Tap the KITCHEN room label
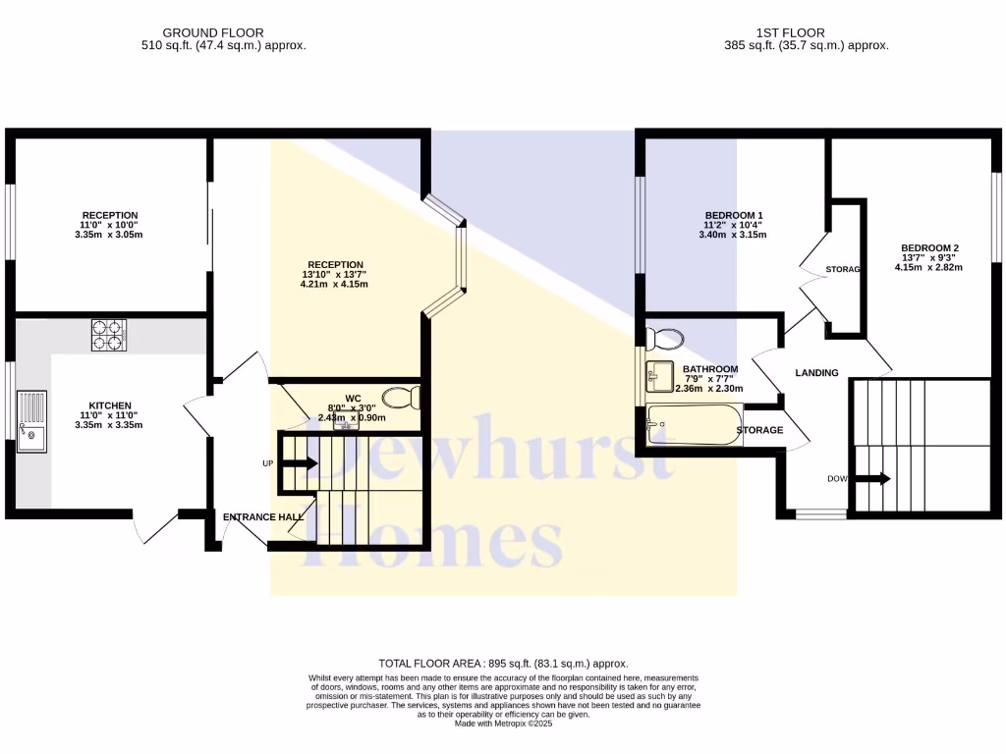point(110,405)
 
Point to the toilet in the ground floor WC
point(402,398)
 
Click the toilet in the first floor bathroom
point(667,340)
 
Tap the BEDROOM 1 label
point(734,215)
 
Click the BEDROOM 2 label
point(928,247)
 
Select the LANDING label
point(816,373)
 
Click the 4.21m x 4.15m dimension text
point(335,285)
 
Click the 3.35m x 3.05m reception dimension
point(109,235)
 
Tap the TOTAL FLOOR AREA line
point(503,664)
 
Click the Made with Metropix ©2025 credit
point(503,724)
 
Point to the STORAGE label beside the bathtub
point(760,430)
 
